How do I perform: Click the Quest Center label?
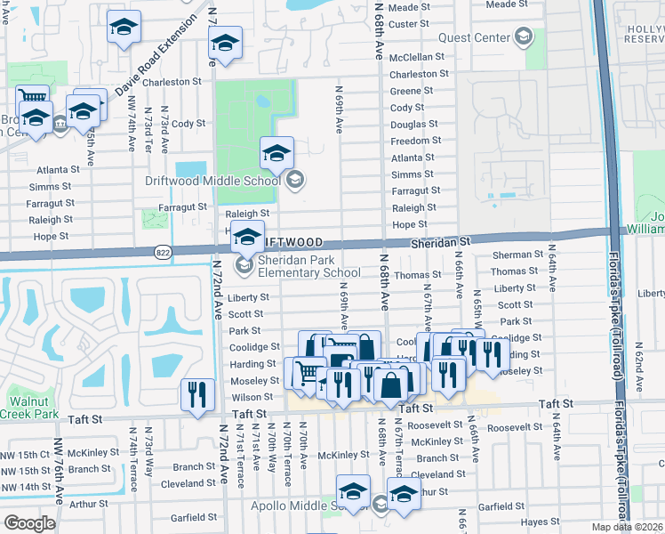click(476, 37)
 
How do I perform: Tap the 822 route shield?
click(163, 251)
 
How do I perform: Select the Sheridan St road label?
click(440, 242)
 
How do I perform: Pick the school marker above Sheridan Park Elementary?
click(248, 237)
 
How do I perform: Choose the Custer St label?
click(409, 23)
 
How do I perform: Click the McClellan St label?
click(417, 56)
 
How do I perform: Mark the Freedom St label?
click(416, 141)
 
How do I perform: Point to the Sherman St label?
click(517, 255)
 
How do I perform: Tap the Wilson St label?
click(252, 397)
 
